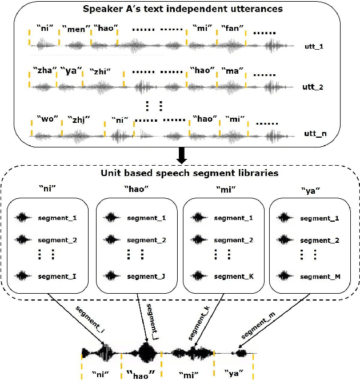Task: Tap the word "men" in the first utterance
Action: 76,29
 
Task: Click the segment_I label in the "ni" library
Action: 57,277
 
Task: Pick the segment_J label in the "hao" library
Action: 146,277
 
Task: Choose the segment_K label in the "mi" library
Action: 234,277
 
